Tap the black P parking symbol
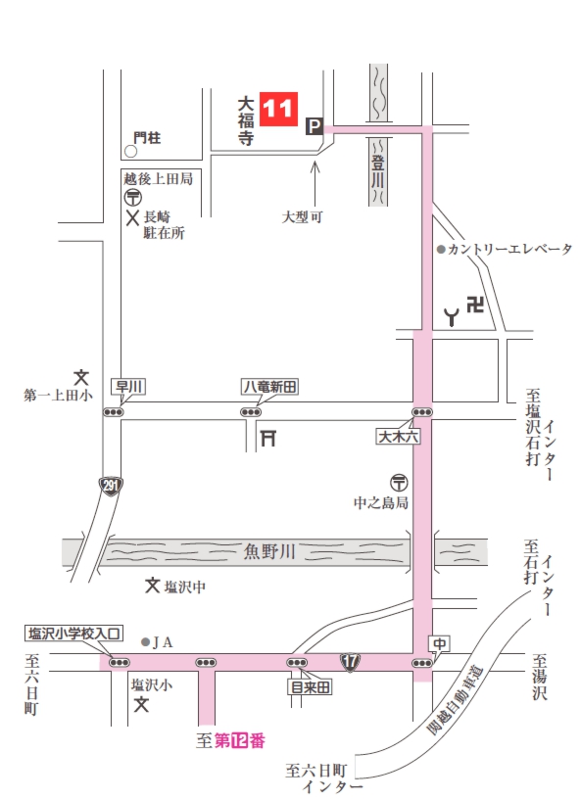(315, 125)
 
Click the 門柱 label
(148, 138)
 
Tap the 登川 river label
(376, 166)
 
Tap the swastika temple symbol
(476, 306)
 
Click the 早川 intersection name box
(128, 387)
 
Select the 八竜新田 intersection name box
(270, 387)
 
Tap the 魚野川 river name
(268, 553)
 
